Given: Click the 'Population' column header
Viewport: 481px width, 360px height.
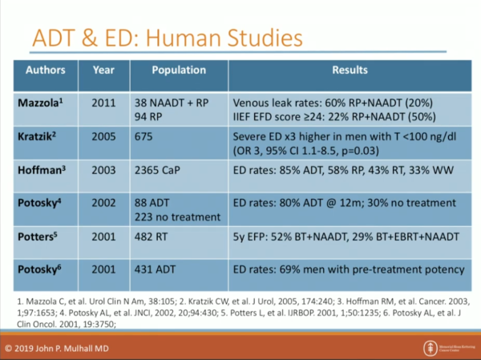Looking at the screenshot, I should tap(180, 71).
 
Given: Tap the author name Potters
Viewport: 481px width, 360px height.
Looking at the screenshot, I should tap(39, 237).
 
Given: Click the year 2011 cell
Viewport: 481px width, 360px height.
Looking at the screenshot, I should tap(106, 104).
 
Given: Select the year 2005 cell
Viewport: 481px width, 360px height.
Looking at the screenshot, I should tap(106, 138).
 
